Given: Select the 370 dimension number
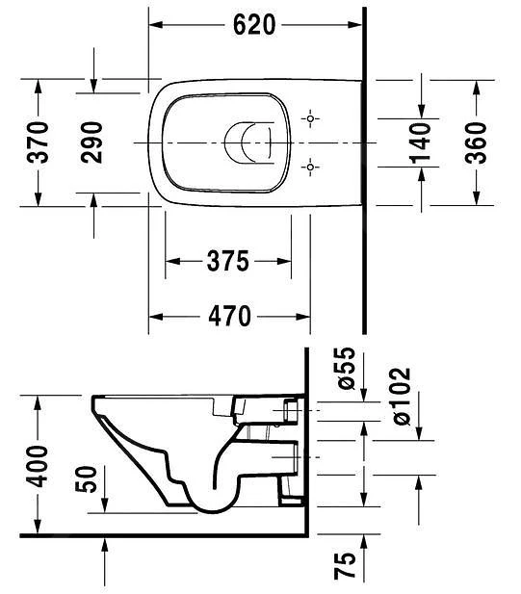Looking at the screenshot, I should (x=38, y=142).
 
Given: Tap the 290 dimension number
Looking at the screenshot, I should (x=92, y=142).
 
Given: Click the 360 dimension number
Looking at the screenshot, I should (x=476, y=142).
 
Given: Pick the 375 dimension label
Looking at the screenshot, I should (x=228, y=261).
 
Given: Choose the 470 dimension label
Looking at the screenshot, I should (x=228, y=315).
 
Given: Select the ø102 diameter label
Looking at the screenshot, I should (x=398, y=396).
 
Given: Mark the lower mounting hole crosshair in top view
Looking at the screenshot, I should (x=309, y=168).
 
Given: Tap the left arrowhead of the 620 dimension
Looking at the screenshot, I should (x=154, y=25).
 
